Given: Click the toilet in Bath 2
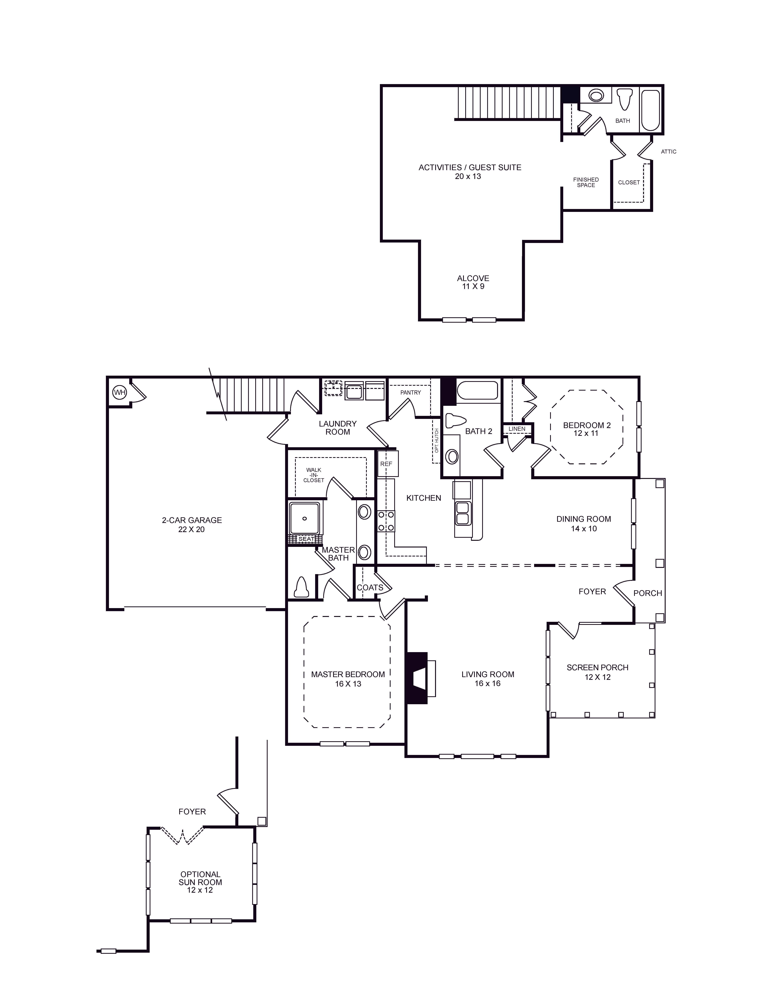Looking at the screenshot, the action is coord(455,421).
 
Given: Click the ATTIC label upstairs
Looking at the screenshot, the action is coord(669,152).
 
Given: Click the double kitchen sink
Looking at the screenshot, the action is coord(462,513).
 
